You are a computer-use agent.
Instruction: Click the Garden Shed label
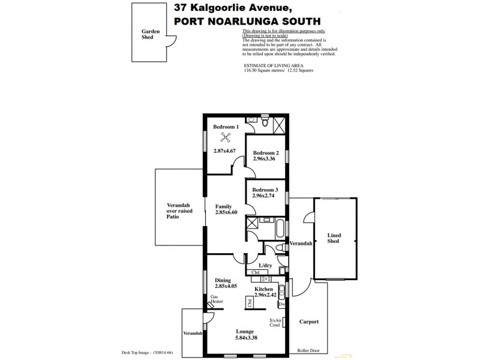148,34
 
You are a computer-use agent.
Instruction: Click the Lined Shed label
334,238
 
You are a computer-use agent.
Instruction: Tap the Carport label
309,322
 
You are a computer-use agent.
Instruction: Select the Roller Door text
309,350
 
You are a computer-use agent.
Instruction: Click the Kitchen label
265,289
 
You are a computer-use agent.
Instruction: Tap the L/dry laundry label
265,265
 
